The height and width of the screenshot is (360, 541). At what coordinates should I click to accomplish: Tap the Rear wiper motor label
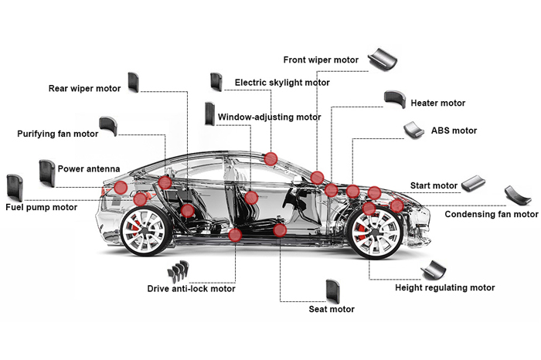click(x=84, y=88)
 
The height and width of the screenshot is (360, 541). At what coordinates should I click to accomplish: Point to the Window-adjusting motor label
click(x=269, y=117)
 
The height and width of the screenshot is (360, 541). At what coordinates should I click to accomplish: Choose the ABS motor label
click(x=454, y=131)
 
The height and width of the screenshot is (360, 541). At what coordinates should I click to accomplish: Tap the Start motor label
click(x=434, y=185)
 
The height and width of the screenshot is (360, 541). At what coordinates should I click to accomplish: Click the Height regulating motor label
click(x=444, y=287)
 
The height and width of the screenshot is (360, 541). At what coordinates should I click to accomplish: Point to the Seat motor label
click(x=332, y=309)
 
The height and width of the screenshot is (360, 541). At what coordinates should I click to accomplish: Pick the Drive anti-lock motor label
click(x=191, y=289)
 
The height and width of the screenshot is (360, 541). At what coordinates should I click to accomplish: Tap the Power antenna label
click(x=89, y=168)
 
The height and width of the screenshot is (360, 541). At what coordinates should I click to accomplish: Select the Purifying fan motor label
click(x=58, y=134)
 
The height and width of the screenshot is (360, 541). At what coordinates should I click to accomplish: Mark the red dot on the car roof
click(x=270, y=159)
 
